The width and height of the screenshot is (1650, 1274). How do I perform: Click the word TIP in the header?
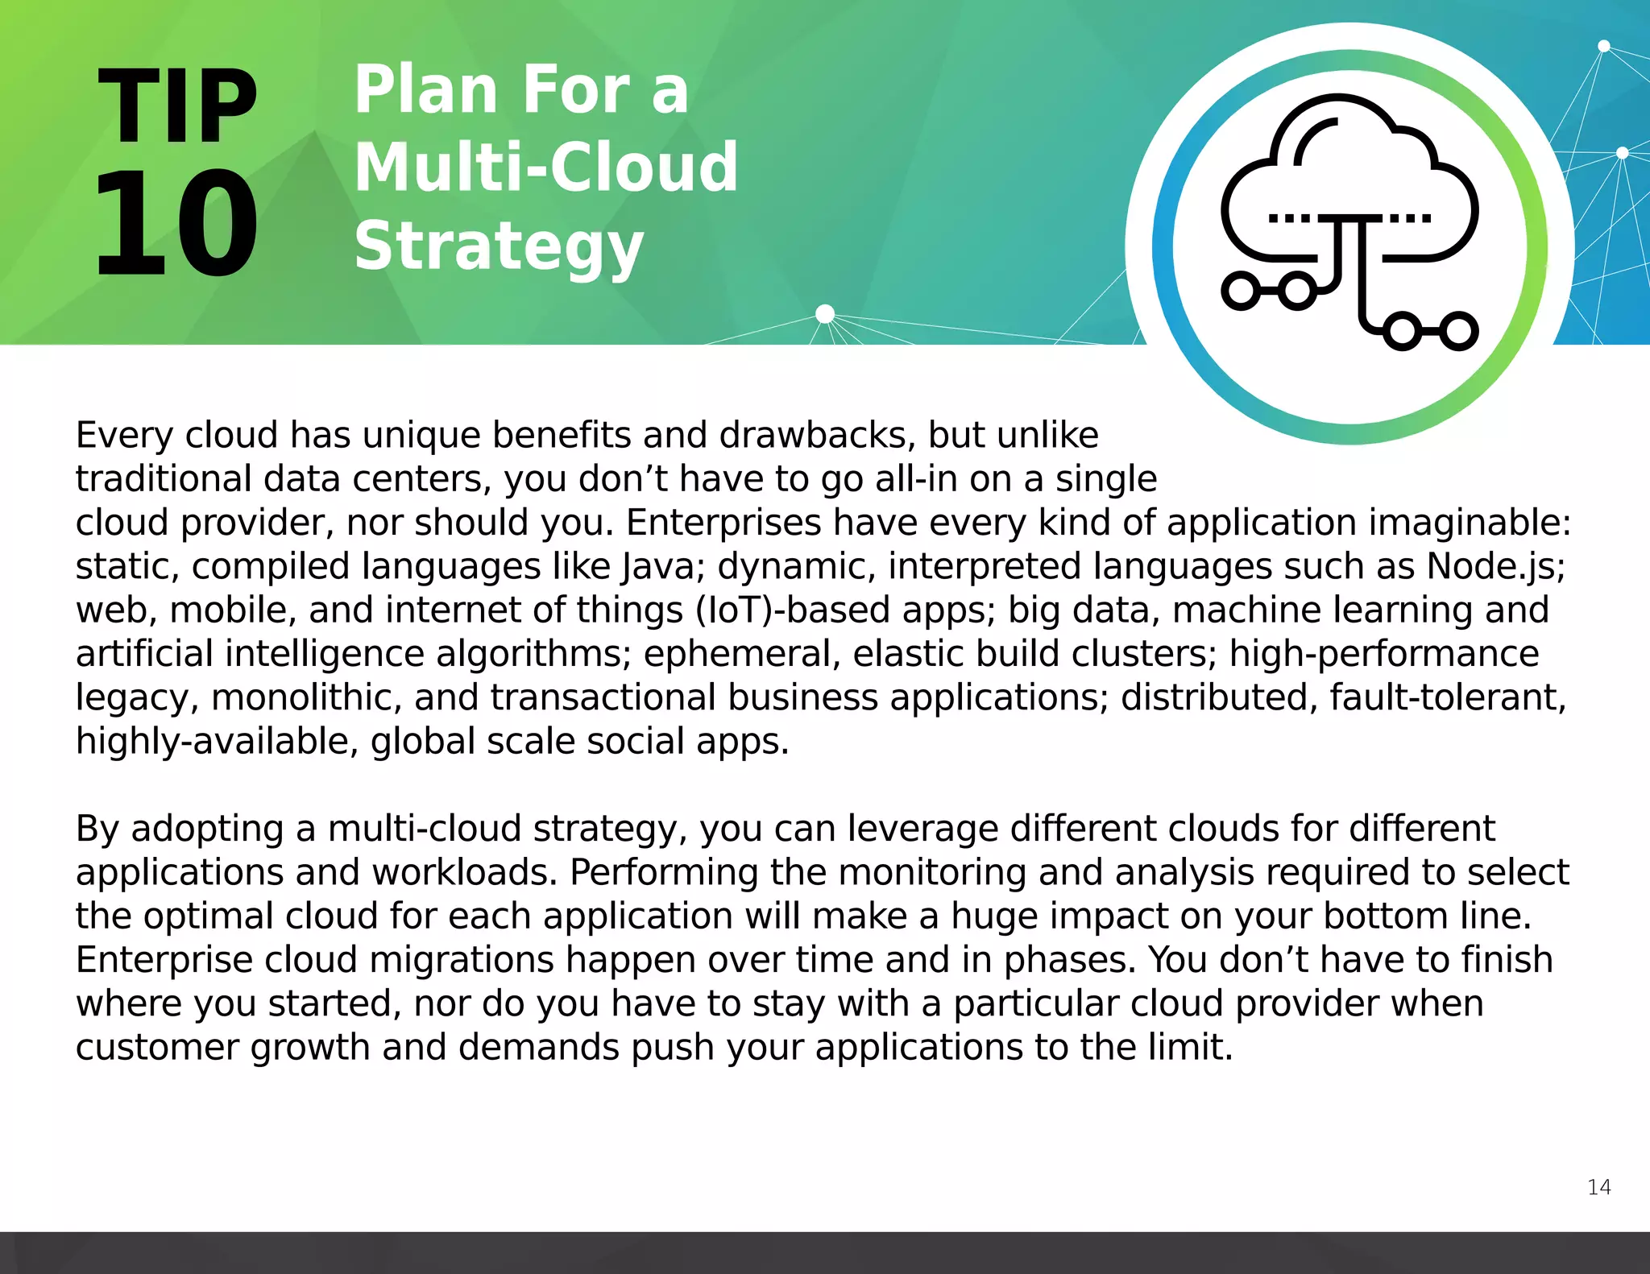[177, 106]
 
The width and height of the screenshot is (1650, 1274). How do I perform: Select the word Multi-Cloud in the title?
[545, 168]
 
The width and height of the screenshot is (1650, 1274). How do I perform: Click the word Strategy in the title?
[499, 247]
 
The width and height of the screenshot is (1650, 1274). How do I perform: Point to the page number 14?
[1598, 1187]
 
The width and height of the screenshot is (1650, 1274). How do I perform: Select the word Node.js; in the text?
[1495, 566]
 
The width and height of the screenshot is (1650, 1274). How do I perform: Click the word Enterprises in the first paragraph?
[723, 523]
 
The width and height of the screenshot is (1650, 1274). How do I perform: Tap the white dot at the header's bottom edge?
[825, 313]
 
